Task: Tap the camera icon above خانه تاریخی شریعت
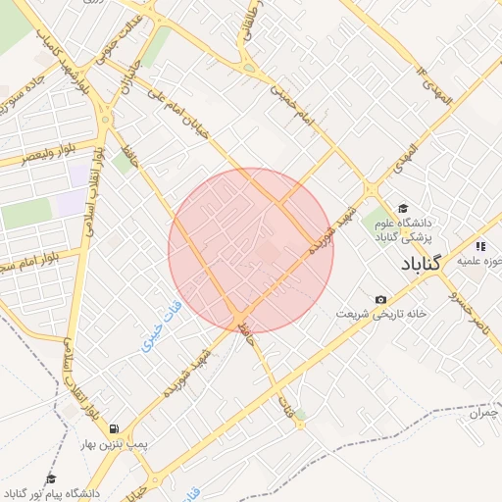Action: point(380,299)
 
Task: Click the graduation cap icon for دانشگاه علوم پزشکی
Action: point(402,208)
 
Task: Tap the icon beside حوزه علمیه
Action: point(479,246)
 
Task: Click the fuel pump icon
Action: point(116,428)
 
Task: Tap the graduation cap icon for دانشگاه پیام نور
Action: point(51,478)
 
